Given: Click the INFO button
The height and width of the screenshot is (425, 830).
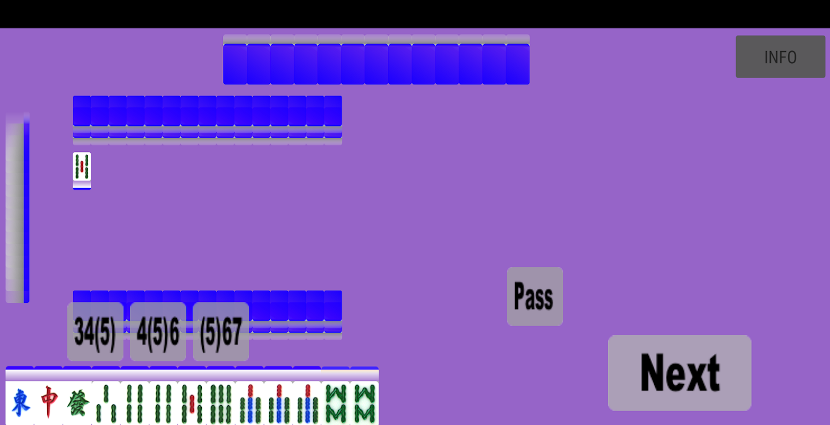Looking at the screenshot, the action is click(x=780, y=57).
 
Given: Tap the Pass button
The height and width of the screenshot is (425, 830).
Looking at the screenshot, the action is click(x=535, y=296).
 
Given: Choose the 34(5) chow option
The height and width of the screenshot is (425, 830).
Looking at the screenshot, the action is click(x=95, y=331).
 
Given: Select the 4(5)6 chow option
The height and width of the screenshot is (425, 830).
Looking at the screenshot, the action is click(x=158, y=331).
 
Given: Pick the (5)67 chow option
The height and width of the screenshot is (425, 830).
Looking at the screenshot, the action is click(x=221, y=331).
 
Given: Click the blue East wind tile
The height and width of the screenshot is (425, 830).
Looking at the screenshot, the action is click(x=20, y=403).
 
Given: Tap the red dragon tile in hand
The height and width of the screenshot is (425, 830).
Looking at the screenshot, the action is click(x=48, y=403).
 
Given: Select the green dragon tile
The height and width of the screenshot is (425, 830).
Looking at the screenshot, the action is click(x=77, y=403).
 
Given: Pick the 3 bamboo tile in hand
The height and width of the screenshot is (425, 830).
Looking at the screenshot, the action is click(x=106, y=403).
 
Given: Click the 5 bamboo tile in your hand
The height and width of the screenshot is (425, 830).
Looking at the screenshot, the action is click(x=192, y=403).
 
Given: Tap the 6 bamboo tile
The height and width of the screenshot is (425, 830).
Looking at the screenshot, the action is click(x=221, y=403).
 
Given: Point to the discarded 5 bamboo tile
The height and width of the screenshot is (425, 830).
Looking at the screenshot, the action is click(x=82, y=167).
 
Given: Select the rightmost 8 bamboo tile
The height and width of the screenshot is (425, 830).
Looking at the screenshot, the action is click(x=364, y=403).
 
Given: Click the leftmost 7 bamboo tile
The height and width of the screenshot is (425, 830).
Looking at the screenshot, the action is click(x=250, y=403).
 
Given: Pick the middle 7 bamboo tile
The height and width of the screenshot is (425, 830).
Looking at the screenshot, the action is click(x=278, y=403).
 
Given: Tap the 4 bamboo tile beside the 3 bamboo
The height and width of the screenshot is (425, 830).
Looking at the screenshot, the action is click(x=134, y=403).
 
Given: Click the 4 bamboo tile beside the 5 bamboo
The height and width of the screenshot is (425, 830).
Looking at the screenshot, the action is click(x=164, y=403).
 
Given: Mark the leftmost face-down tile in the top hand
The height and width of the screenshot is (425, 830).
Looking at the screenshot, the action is click(x=235, y=64).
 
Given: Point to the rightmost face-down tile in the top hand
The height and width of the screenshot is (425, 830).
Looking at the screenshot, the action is click(x=518, y=64).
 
